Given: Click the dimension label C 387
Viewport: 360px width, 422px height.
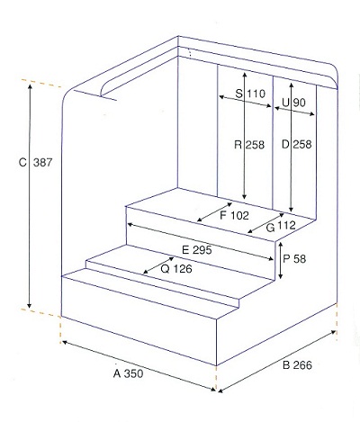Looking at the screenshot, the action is tap(35, 163).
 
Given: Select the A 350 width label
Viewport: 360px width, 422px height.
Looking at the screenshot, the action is tap(129, 373).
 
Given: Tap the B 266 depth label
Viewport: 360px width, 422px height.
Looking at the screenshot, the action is tap(297, 365).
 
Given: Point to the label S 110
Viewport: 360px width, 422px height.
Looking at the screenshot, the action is tap(250, 94).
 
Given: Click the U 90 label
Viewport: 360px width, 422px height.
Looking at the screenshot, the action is tap(293, 103).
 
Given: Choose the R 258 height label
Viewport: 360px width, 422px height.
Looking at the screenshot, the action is tap(249, 145).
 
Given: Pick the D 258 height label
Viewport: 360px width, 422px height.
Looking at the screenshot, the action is tap(297, 144).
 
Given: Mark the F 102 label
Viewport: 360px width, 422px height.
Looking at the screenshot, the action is tap(234, 215).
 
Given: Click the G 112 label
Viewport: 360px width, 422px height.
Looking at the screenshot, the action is tap(281, 227).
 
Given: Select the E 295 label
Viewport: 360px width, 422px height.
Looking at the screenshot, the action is tap(197, 250).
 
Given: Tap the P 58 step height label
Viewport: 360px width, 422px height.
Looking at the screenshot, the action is tap(294, 258).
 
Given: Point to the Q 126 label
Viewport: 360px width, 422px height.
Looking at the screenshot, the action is tap(176, 269).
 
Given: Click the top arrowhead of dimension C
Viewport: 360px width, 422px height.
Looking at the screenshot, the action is tap(30, 86).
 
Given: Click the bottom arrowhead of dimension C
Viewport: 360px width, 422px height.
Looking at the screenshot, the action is tap(29, 306).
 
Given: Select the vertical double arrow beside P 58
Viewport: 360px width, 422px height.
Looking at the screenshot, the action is tap(280, 261).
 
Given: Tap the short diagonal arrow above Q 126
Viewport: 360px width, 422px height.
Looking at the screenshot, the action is tap(158, 265).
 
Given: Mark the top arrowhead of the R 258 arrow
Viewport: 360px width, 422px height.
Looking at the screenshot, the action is tap(245, 75).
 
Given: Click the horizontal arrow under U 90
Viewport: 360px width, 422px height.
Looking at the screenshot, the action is tap(294, 111).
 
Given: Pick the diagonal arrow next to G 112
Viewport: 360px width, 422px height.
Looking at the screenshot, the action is tap(265, 223).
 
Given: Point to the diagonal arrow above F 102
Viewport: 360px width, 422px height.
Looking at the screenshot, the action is tap(214, 212).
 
